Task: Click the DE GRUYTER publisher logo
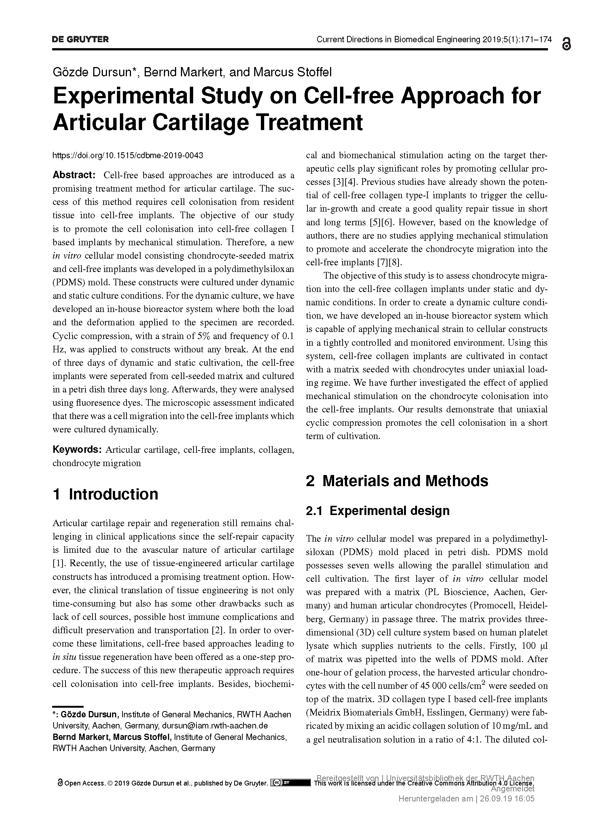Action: (x=80, y=40)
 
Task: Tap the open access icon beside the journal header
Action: (x=566, y=44)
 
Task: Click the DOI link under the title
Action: (x=128, y=155)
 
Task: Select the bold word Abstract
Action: (x=74, y=175)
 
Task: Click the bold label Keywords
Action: (x=77, y=449)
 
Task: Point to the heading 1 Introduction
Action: (x=105, y=494)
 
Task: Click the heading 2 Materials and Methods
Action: (x=397, y=481)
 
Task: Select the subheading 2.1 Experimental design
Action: (x=377, y=511)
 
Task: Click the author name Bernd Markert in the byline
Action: (x=184, y=72)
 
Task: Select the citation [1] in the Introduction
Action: (x=58, y=563)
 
